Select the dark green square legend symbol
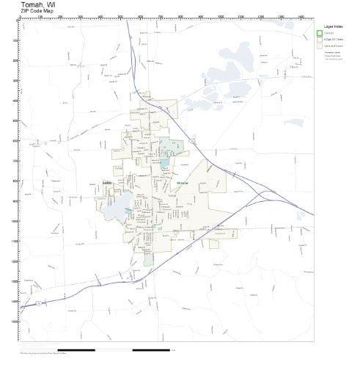[x=320, y=33]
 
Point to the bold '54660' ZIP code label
[x=107, y=183]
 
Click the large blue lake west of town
[x=116, y=208]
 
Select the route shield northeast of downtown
[x=191, y=138]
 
